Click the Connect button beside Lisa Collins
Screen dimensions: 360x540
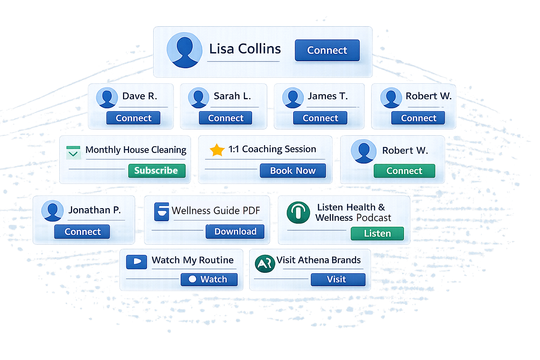(327, 50)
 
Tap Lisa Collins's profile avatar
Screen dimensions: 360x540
(184, 50)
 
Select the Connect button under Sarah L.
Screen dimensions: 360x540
(225, 118)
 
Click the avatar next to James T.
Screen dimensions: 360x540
(293, 97)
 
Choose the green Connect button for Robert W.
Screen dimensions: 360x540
(404, 171)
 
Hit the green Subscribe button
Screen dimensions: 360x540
(156, 171)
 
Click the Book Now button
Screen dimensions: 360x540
(292, 171)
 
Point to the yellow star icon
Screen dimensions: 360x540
(217, 150)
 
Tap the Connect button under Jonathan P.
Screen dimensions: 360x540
(82, 232)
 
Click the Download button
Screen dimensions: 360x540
(235, 232)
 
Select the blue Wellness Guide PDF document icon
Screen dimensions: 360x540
(161, 212)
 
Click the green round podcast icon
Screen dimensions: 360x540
(298, 212)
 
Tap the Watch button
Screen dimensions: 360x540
(209, 279)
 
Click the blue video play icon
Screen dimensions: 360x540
(136, 262)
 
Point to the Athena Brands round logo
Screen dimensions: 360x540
(265, 264)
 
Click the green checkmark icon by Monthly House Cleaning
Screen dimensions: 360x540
(73, 153)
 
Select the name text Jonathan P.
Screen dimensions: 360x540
(94, 210)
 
